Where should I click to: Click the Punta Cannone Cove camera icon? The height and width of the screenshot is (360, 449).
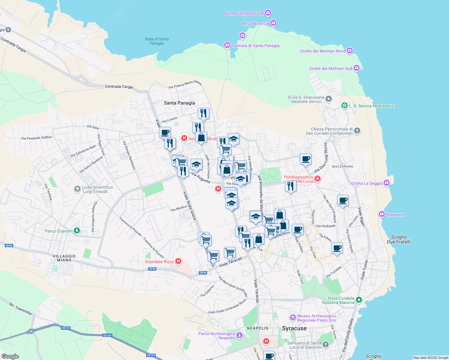tap(268, 13)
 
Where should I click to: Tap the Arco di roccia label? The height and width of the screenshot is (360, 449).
tap(256, 23)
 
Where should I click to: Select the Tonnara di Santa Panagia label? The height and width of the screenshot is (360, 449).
tap(255, 46)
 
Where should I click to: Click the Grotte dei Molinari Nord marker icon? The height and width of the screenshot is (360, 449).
tap(350, 51)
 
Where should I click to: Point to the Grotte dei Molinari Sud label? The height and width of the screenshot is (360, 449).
tap(330, 68)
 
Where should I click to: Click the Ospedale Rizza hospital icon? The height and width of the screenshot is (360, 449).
tap(178, 261)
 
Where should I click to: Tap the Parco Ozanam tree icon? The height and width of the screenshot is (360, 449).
tap(77, 231)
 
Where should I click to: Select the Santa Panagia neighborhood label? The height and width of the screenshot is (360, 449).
tap(179, 103)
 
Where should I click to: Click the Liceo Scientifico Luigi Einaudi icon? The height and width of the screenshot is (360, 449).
tap(77, 189)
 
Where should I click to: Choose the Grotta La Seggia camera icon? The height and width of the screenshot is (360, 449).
tap(387, 183)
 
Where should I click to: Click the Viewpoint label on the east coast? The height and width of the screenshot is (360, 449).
tap(395, 214)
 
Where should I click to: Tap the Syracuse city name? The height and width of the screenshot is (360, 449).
tap(294, 328)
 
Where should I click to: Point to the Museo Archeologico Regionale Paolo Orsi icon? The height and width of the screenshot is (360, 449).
tap(293, 318)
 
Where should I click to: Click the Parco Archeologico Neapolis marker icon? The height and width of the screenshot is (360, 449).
tap(240, 335)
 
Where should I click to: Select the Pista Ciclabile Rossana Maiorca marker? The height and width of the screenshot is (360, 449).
tap(359, 300)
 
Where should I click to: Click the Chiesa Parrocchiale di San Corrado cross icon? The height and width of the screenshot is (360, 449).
tap(357, 131)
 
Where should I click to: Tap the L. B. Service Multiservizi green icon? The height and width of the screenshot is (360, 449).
tap(345, 106)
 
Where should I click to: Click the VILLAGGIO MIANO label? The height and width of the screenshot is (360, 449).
tap(64, 258)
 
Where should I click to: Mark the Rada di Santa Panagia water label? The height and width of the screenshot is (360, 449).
tap(157, 41)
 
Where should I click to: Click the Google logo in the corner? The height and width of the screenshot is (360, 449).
tap(10, 356)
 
